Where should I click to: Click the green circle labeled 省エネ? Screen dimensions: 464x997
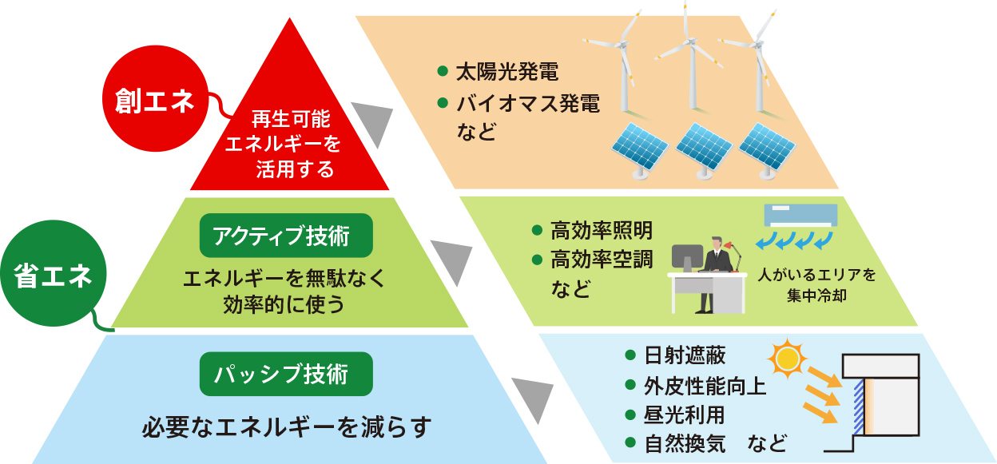tap(52, 277)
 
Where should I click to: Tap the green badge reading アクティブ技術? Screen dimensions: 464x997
tap(285, 236)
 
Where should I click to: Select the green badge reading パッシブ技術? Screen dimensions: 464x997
tap(285, 374)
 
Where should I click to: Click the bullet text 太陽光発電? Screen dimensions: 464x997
tap(506, 72)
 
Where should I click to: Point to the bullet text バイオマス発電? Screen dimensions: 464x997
tap(527, 103)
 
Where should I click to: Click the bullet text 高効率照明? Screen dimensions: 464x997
tap(602, 231)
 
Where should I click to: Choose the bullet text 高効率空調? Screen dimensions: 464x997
tap(602, 260)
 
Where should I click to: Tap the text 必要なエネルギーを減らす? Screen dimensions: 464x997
tap(286, 426)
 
